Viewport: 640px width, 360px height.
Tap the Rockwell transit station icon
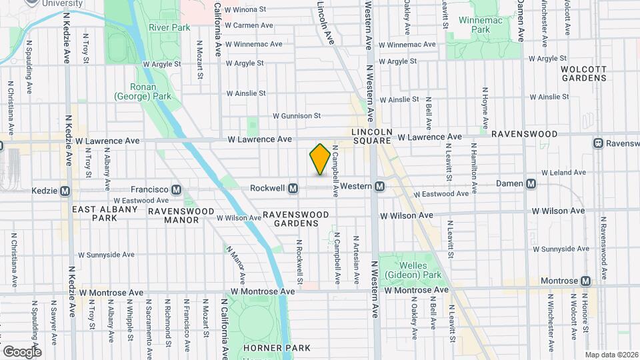pyautogui.click(x=293, y=189)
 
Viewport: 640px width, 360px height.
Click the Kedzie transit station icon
pyautogui.click(x=65, y=191)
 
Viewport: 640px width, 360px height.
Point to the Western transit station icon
pyautogui.click(x=379, y=186)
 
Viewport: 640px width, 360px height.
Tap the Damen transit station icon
pyautogui.click(x=531, y=183)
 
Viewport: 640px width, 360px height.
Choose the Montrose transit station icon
pyautogui.click(x=585, y=281)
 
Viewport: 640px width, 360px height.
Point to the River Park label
pyautogui.click(x=169, y=27)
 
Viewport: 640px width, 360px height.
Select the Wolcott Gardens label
pyautogui.click(x=583, y=73)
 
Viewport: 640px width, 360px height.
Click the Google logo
pyautogui.click(x=22, y=351)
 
